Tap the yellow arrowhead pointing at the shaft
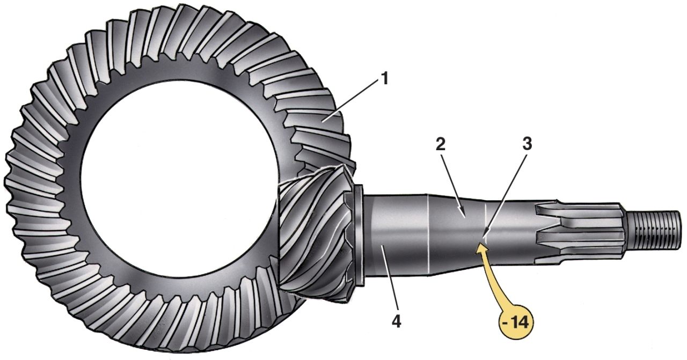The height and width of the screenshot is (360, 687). pos(481,248)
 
